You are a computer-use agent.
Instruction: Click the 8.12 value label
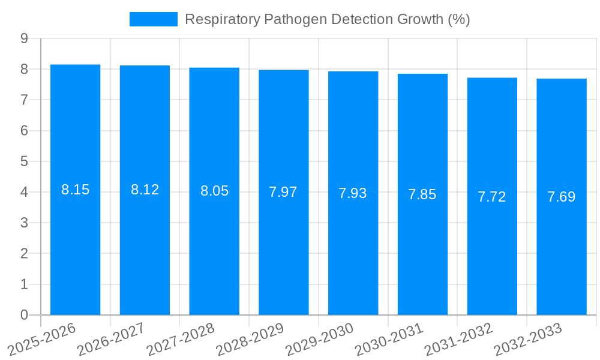[145, 190]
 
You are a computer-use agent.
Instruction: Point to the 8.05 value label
[214, 191]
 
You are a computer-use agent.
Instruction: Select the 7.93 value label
[353, 193]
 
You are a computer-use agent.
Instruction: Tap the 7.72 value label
[492, 197]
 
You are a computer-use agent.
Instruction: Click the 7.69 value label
[562, 197]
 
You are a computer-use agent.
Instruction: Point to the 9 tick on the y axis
[24, 38]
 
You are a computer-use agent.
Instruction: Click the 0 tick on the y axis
[24, 315]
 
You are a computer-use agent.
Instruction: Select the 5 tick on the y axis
[24, 161]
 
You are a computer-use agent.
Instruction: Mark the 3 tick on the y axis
[24, 223]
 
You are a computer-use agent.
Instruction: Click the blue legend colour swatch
[154, 19]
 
